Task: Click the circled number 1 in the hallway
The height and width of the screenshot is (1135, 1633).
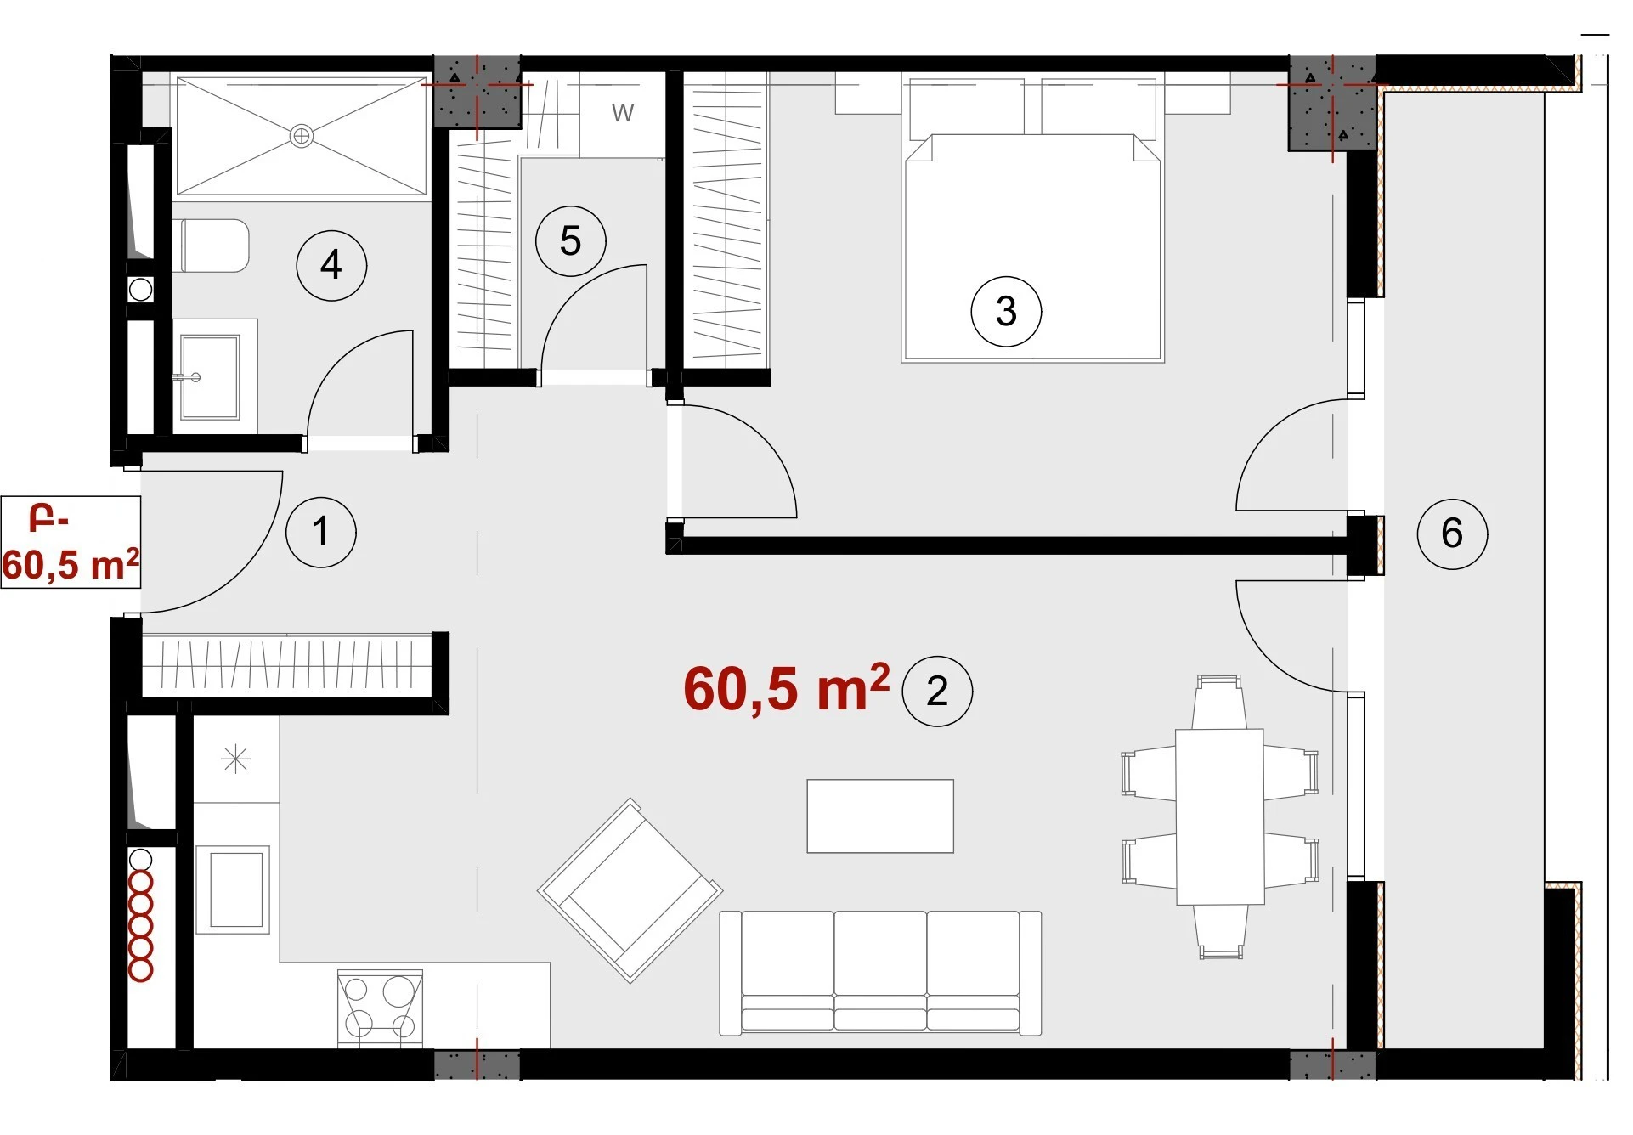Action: click(x=320, y=532)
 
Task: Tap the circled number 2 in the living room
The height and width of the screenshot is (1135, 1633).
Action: click(x=936, y=691)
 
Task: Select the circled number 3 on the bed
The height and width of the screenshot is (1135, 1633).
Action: click(x=1006, y=311)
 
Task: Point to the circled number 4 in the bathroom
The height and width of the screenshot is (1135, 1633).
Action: click(x=331, y=265)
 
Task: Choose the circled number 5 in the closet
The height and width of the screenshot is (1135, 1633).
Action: click(x=570, y=241)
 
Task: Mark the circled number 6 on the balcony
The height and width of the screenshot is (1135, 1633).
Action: click(x=1452, y=533)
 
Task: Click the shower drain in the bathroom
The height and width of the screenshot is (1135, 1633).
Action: click(x=302, y=135)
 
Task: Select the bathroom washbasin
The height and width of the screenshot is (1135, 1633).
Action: click(x=210, y=376)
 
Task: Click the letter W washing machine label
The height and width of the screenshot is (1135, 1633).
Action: click(x=623, y=113)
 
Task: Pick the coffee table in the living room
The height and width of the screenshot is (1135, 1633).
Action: click(x=880, y=816)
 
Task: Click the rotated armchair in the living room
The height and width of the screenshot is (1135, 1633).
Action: click(x=630, y=890)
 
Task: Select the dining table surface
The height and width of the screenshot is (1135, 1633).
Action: click(x=1219, y=816)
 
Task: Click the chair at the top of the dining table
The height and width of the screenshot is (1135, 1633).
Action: click(x=1219, y=702)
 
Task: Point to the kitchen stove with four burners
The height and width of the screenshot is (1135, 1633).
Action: click(x=380, y=1008)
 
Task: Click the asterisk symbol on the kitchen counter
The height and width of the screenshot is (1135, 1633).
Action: click(x=235, y=759)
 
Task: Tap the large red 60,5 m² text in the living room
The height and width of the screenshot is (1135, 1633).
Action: click(x=787, y=688)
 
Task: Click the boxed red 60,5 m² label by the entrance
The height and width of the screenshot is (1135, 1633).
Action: click(x=71, y=542)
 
